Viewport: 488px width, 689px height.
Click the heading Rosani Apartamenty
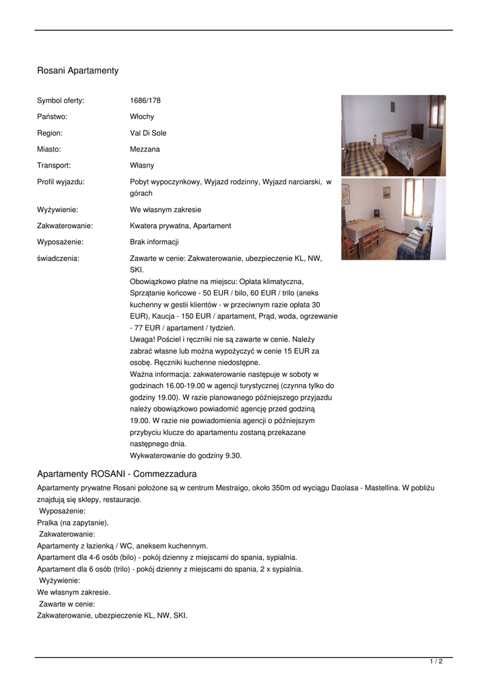(77, 71)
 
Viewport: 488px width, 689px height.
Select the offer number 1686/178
(145, 101)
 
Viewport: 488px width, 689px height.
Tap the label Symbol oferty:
(61, 101)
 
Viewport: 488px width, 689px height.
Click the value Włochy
(142, 117)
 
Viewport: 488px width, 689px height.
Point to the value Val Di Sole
(148, 133)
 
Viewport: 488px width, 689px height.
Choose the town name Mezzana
(145, 149)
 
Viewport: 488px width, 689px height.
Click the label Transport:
(54, 166)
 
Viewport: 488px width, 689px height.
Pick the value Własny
(142, 166)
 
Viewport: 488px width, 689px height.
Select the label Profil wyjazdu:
(61, 182)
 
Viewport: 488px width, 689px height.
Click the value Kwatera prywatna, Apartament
(180, 226)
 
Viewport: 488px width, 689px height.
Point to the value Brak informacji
(154, 242)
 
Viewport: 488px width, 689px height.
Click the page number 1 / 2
(436, 662)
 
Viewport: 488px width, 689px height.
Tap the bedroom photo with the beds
(393, 135)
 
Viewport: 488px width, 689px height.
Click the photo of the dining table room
(393, 219)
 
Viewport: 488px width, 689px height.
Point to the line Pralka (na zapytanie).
(73, 523)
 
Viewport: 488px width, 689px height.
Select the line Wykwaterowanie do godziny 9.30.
(186, 456)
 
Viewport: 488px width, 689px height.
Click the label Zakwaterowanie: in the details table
(65, 226)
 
